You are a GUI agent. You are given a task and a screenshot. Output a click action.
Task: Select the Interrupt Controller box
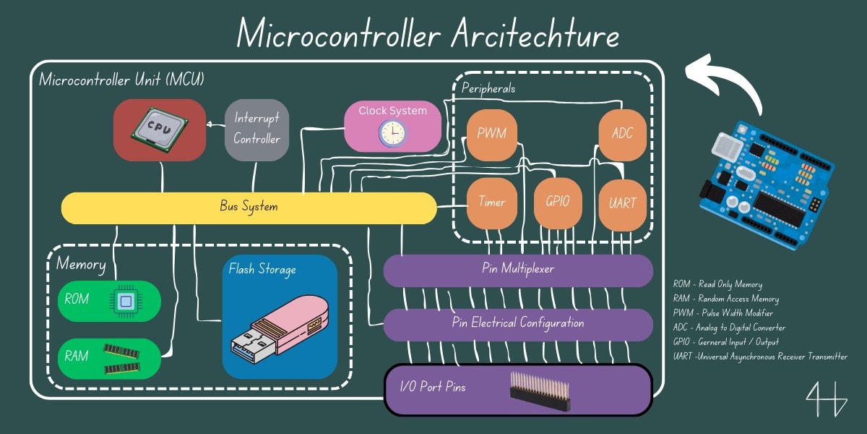tap(256, 129)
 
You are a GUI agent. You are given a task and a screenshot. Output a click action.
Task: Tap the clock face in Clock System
tap(393, 132)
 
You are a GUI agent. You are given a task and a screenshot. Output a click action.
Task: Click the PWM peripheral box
tap(491, 135)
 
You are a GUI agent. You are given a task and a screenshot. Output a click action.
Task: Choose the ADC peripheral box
tap(621, 135)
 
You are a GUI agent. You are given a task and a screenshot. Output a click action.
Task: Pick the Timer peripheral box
tap(492, 203)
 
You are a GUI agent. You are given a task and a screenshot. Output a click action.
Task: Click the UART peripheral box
tap(622, 203)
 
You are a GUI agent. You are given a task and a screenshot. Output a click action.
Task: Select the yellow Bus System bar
tap(249, 208)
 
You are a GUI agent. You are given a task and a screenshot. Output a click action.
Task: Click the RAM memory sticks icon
tap(121, 358)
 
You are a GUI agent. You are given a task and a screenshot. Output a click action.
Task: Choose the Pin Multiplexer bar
tap(517, 270)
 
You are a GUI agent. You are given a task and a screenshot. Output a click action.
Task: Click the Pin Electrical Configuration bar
tap(517, 324)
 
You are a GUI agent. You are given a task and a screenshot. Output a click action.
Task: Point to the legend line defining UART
tap(759, 357)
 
